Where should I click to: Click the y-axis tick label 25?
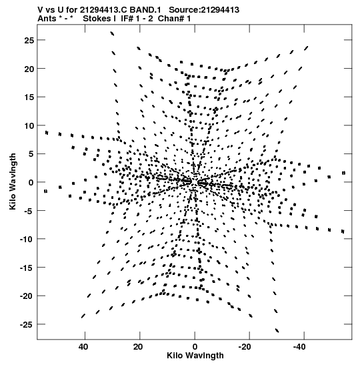tap(29, 41)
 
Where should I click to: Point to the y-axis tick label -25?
tap(27, 324)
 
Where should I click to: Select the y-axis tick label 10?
tap(29, 125)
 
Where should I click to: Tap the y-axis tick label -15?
tap(27, 268)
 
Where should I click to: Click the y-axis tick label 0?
tap(31, 183)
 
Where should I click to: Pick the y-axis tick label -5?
tap(29, 211)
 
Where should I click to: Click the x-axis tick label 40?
tap(83, 347)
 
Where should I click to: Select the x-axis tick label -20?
tap(245, 347)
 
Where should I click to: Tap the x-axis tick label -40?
tap(299, 347)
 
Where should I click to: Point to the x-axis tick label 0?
tap(195, 347)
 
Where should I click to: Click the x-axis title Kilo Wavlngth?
tap(195, 356)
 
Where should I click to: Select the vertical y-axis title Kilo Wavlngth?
tap(13, 181)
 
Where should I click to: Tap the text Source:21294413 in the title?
tap(204, 10)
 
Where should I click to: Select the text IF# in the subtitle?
tap(127, 19)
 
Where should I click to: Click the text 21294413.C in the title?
tap(103, 10)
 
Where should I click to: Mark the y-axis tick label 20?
tap(29, 69)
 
